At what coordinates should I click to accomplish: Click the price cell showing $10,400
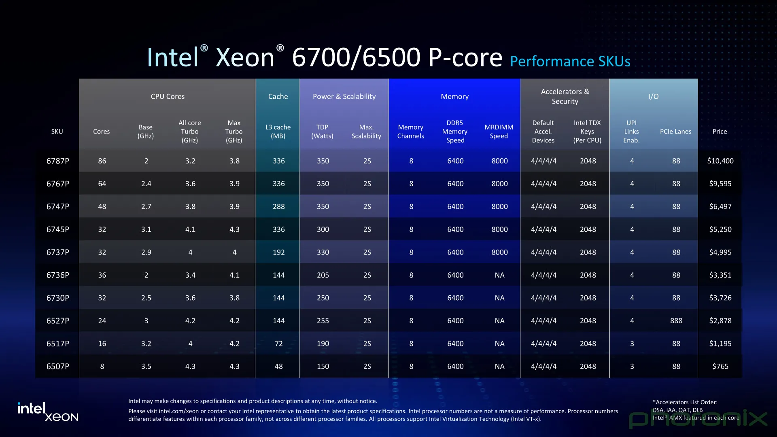[x=720, y=161]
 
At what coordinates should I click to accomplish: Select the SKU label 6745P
[x=57, y=229]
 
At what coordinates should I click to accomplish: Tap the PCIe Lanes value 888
[x=676, y=321]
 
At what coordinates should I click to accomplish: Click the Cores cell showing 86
[x=102, y=161]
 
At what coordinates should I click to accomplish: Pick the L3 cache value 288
[x=278, y=206]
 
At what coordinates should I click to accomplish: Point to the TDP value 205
[x=323, y=275]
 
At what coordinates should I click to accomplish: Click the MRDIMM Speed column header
[x=499, y=132]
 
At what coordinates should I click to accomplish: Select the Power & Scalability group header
[x=344, y=96]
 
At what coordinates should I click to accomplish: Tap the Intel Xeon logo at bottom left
[x=48, y=412]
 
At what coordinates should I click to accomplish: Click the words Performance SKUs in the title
[x=570, y=61]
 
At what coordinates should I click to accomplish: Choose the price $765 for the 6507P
[x=720, y=366]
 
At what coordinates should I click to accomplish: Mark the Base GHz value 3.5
[x=146, y=366]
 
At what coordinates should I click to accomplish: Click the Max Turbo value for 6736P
[x=234, y=275]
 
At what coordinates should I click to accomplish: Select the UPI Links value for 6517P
[x=632, y=344]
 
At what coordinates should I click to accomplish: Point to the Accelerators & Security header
[x=565, y=96]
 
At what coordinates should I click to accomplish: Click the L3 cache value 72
[x=278, y=344]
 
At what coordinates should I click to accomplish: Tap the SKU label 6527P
[x=57, y=321]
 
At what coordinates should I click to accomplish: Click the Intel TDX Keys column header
[x=587, y=132]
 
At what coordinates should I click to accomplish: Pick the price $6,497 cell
[x=720, y=206]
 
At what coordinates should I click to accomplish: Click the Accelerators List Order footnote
[x=685, y=402]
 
